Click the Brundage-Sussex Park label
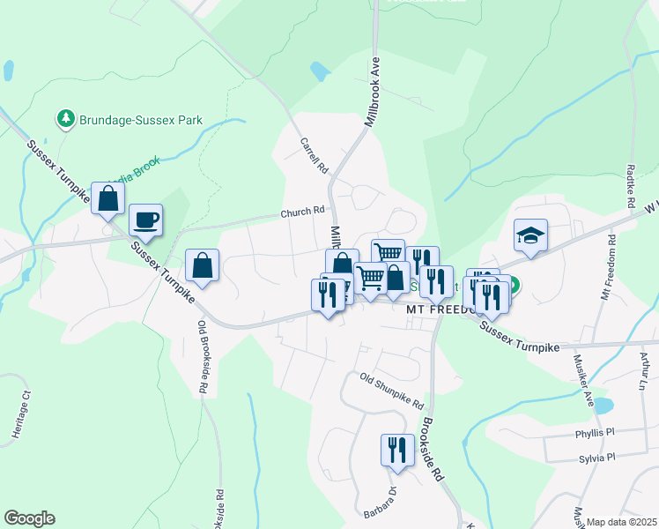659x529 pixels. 141,120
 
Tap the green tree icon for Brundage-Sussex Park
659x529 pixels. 65,118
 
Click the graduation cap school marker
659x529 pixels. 530,235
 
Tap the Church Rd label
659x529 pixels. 303,212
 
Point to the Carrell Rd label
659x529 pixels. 314,155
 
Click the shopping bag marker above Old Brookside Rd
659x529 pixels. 202,264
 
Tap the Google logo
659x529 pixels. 29,518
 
